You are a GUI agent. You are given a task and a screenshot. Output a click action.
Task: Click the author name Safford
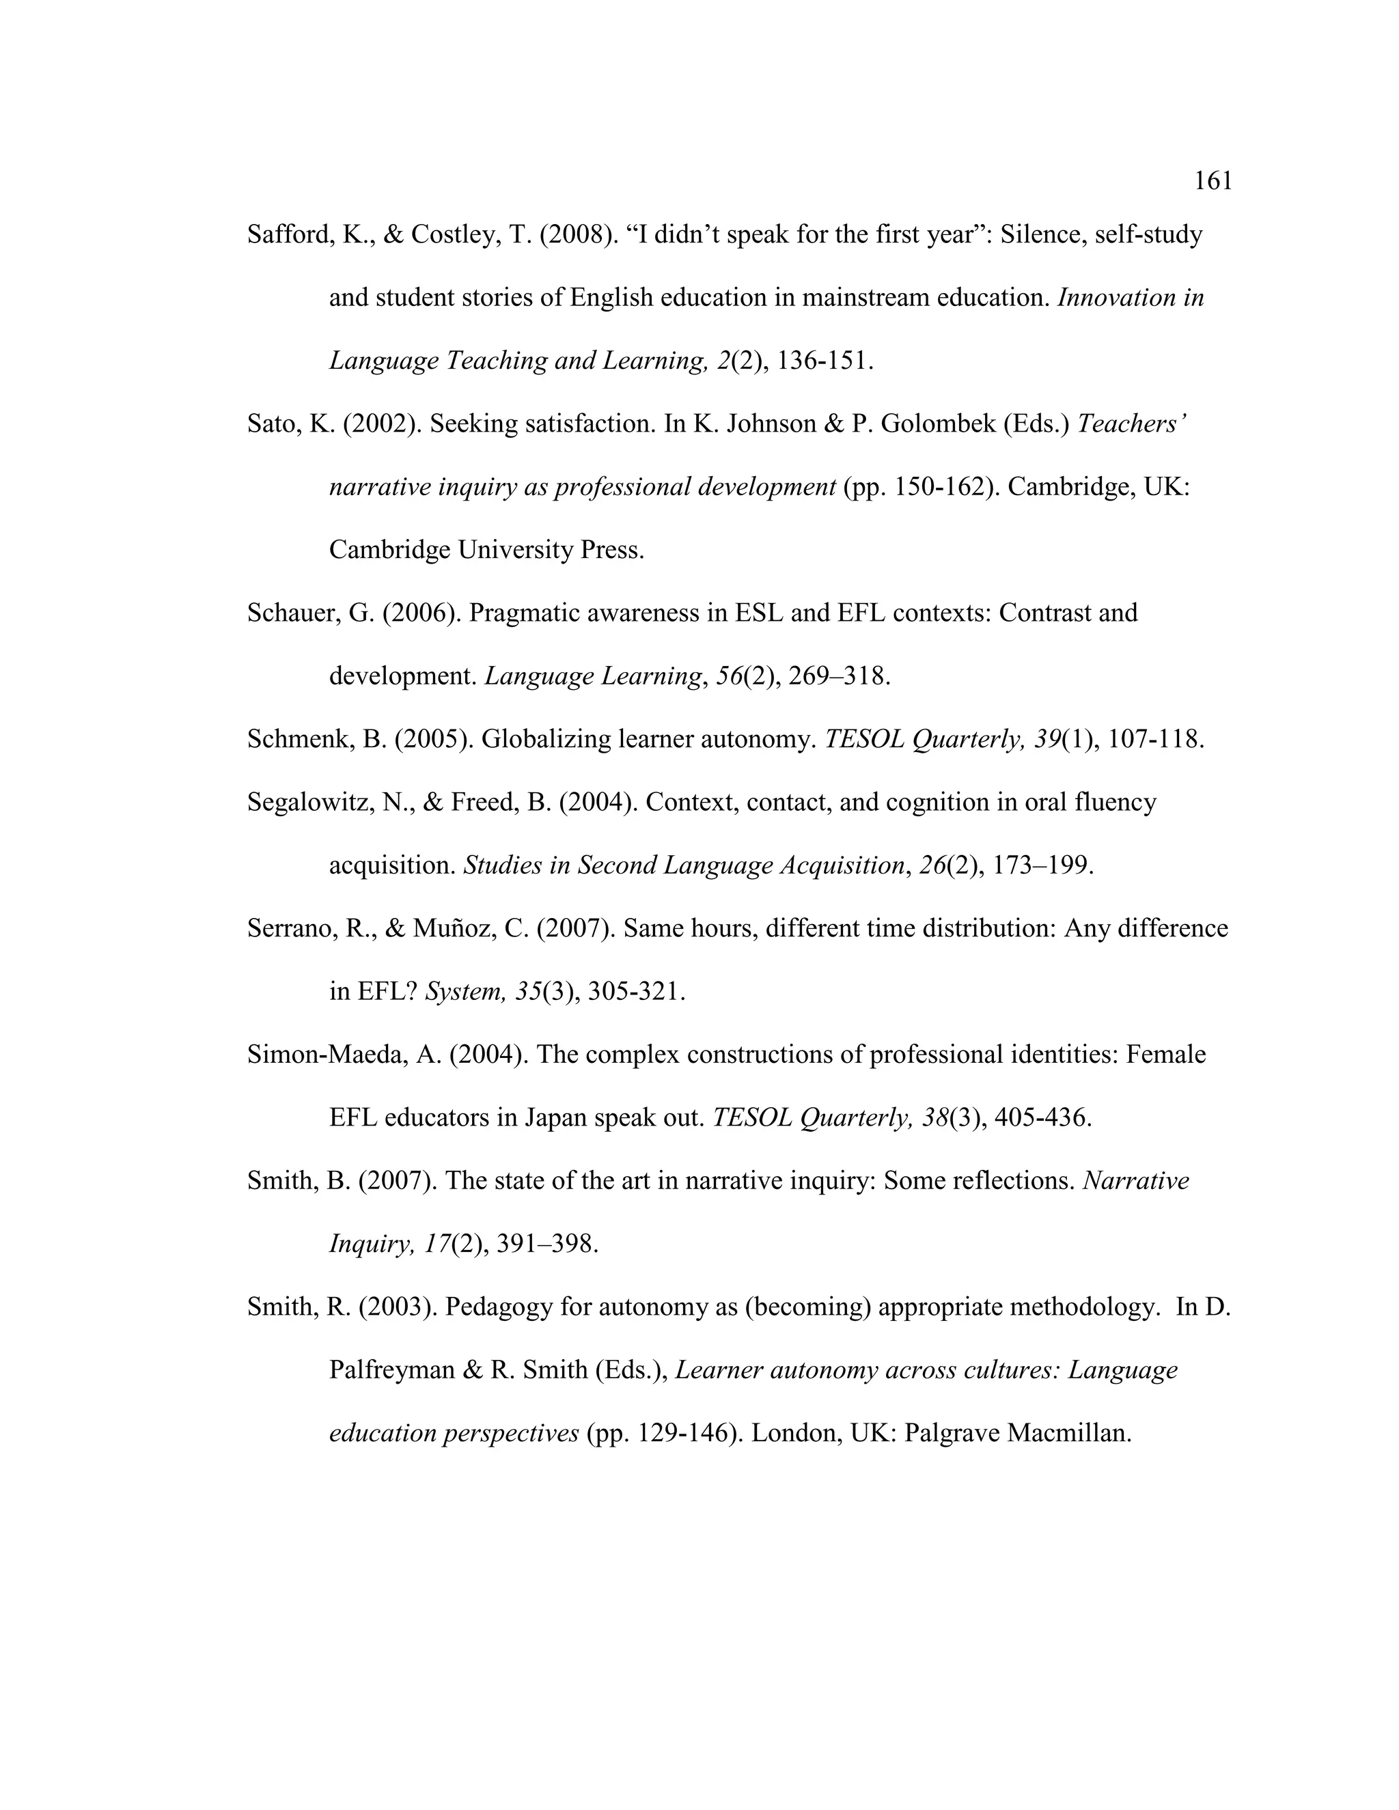[289, 236]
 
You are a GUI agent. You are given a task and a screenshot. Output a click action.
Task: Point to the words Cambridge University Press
[486, 551]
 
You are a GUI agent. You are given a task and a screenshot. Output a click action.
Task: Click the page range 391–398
[546, 1244]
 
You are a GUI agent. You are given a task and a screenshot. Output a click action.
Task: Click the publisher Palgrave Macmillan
[1018, 1433]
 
